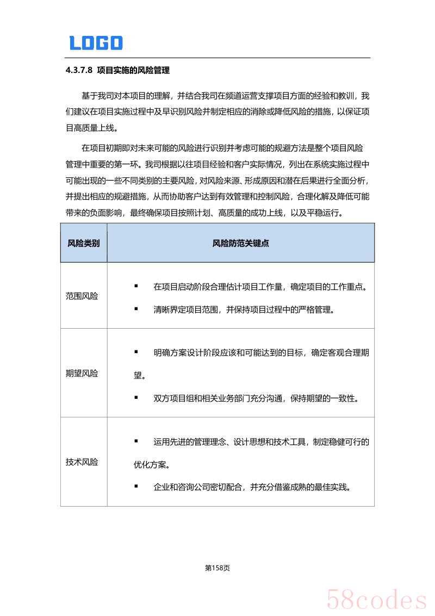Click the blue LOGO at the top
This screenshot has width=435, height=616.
point(96,43)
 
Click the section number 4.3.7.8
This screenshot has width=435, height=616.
point(79,70)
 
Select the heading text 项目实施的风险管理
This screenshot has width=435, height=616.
point(133,70)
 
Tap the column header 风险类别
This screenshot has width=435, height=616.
point(83,243)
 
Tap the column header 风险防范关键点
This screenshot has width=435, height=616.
point(240,243)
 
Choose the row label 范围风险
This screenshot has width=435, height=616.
point(82,297)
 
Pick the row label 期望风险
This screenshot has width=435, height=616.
point(82,374)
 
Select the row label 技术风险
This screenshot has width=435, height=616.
point(82,462)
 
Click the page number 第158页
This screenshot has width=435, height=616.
point(217,568)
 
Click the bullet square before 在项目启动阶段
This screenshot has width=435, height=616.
point(136,286)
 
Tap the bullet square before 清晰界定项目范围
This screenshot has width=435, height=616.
point(136,309)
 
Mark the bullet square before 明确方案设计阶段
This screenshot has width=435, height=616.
point(136,352)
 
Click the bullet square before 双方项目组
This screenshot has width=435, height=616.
point(136,397)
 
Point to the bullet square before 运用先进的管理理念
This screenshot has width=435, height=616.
point(136,441)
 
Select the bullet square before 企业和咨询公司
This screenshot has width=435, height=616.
point(136,486)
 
